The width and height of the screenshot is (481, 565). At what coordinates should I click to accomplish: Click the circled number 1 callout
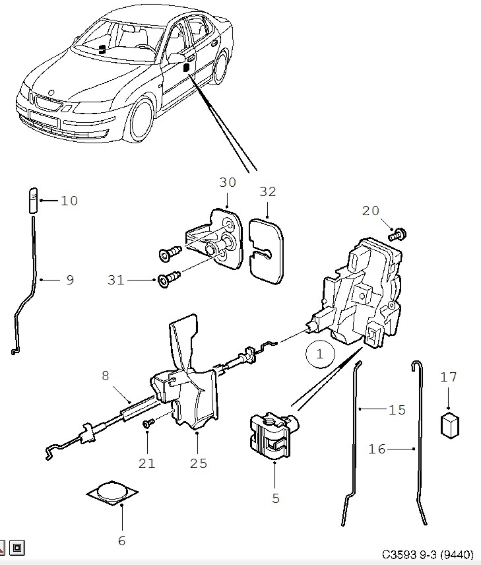[320, 354]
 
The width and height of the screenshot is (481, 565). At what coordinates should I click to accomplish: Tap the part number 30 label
[228, 183]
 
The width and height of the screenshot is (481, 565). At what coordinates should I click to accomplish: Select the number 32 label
[267, 192]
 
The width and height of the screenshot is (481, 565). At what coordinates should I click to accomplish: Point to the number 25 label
[198, 463]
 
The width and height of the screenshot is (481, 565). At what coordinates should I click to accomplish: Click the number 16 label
[377, 449]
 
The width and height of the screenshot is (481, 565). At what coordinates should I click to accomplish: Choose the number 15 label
[397, 410]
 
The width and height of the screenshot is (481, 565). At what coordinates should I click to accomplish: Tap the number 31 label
[116, 280]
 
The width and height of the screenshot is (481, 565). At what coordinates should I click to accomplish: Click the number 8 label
[105, 376]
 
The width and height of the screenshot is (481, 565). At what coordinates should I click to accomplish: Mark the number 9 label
[69, 280]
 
